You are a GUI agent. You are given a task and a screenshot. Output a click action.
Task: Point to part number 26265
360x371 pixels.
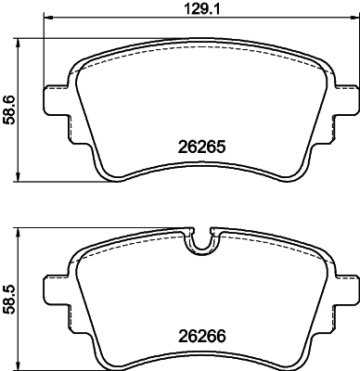tap(202, 146)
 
